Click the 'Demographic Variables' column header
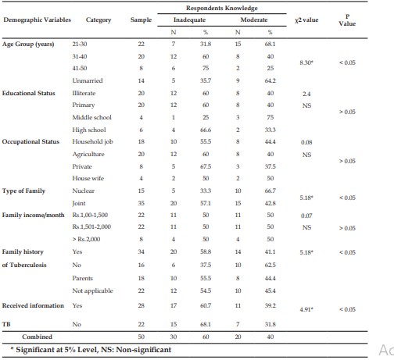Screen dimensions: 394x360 click(37, 20)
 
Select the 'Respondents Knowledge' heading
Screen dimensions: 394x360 click(222, 8)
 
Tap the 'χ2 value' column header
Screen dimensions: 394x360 click(306, 20)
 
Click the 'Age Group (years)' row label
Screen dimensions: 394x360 click(28, 44)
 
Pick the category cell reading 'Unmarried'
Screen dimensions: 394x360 click(88, 80)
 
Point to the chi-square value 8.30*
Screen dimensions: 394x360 click(306, 62)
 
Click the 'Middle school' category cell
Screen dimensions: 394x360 click(91, 117)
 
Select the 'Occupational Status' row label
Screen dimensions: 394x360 click(30, 141)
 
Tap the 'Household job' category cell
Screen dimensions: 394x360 click(92, 142)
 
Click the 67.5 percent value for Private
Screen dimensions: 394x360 click(206, 166)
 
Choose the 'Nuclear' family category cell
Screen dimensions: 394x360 click(84, 191)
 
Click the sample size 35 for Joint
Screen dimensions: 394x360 click(141, 203)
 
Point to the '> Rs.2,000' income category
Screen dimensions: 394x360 click(86, 239)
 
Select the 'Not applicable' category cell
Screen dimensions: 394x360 click(92, 290)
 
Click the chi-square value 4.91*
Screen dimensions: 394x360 click(306, 309)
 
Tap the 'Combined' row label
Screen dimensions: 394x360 click(37, 337)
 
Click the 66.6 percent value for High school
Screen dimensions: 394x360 click(206, 130)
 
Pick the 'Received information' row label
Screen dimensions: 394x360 click(33, 305)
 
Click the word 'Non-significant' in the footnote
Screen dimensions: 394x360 click(144, 350)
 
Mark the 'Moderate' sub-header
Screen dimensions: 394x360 click(254, 20)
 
